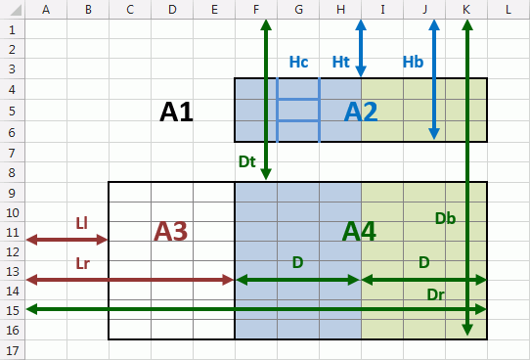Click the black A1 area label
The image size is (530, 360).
176,112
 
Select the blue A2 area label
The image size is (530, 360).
361,112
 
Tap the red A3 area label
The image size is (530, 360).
170,232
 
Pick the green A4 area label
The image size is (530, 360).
359,232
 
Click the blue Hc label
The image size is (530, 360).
299,62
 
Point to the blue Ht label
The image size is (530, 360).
340,62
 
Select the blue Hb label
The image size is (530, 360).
413,62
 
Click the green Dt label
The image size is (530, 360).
247,161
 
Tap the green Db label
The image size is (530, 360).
446,219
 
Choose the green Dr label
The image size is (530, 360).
436,294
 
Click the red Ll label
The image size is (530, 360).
81,223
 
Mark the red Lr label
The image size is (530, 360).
83,263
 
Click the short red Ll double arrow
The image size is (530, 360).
66,240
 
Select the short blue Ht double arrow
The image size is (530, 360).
361,48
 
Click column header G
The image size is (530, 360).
298,10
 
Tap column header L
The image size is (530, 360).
508,10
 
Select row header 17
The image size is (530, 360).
12,350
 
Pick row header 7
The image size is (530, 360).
12,153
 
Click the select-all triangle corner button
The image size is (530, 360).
16,10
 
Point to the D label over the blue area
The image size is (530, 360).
298,262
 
